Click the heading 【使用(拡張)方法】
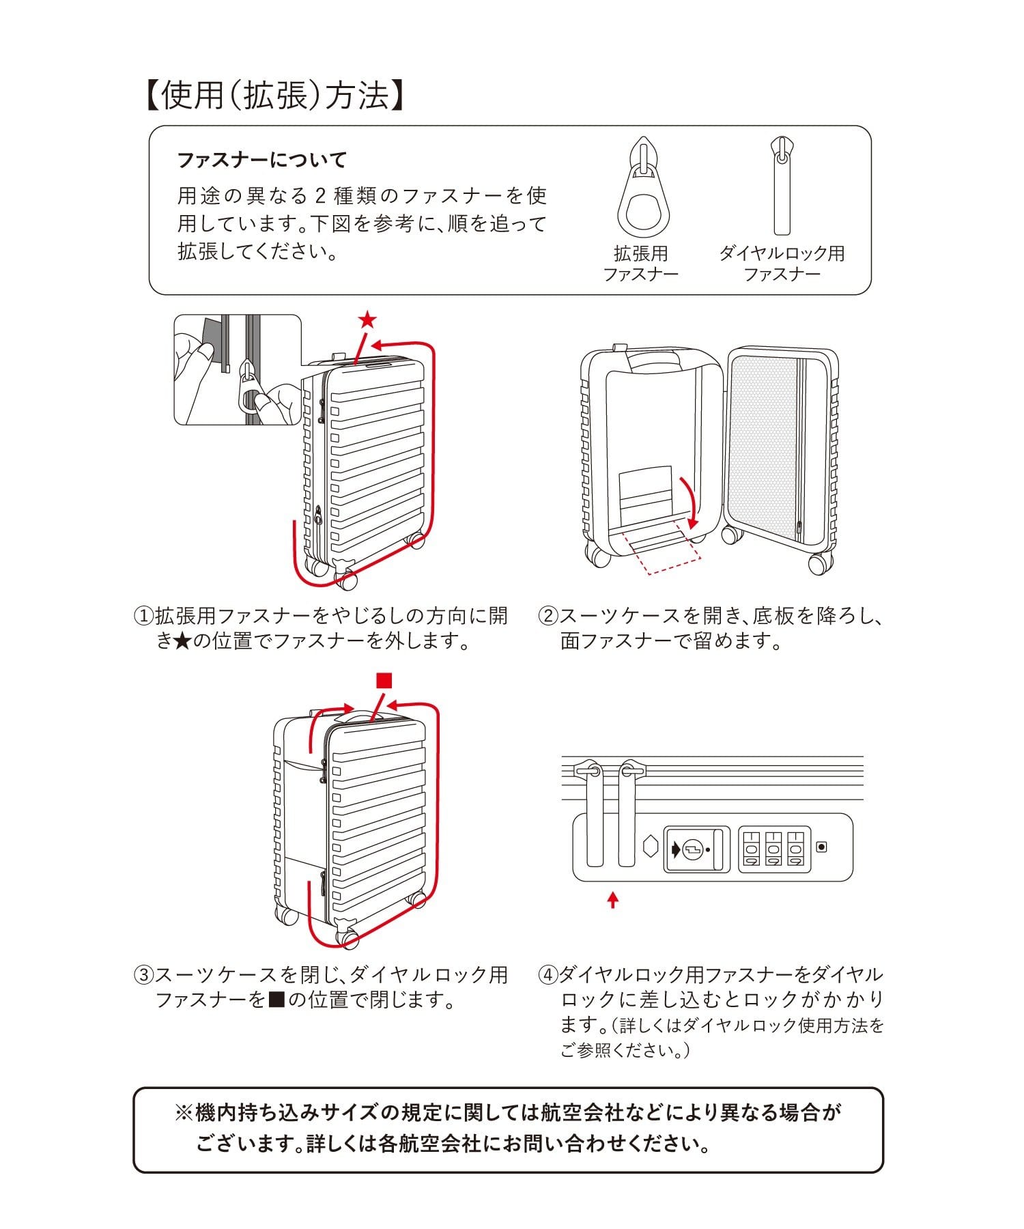click(274, 96)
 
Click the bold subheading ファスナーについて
click(262, 160)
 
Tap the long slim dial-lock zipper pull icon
click(782, 186)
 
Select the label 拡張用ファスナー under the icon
click(640, 264)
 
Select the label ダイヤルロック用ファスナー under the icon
click(782, 264)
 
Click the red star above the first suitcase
click(367, 320)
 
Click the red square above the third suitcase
click(384, 681)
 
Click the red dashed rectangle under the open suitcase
click(662, 550)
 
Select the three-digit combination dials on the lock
click(773, 849)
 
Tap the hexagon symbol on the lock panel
click(651, 846)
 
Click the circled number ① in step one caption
click(143, 617)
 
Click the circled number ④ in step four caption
click(548, 974)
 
